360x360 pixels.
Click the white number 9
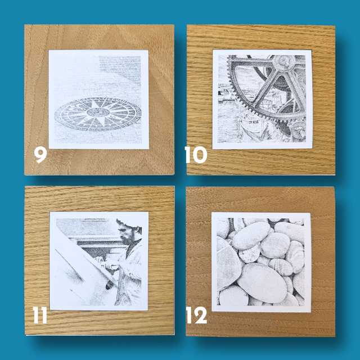point(40,155)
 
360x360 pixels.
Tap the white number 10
point(196,155)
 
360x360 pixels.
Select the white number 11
point(40,315)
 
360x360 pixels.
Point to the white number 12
point(196,315)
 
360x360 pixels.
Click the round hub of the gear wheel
point(283,62)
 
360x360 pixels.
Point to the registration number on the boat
point(254,123)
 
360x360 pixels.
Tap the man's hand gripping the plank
point(111,267)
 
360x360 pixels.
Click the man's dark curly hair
point(129,224)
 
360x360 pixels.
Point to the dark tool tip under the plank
point(109,285)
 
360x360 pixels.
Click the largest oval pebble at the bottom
point(262,283)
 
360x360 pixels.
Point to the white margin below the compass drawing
point(99,146)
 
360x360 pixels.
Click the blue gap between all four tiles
point(180,181)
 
